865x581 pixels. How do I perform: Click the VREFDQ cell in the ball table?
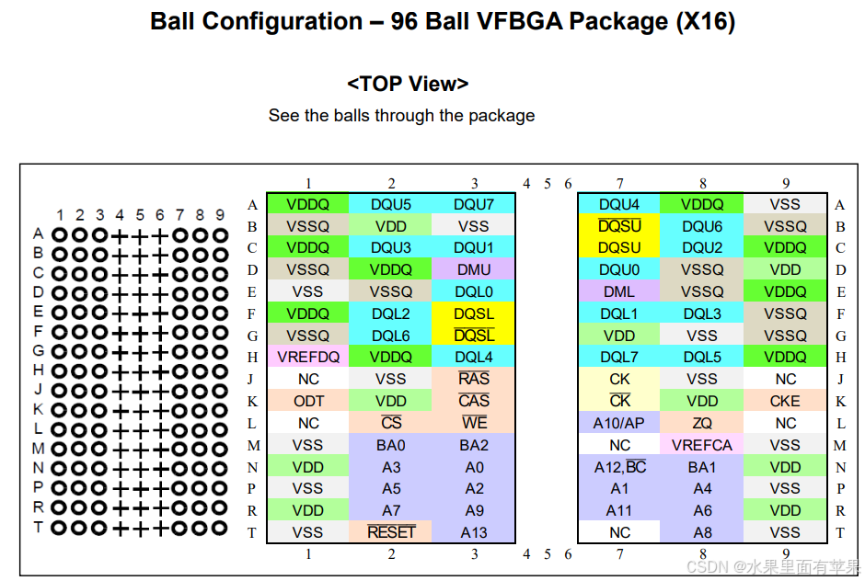(x=308, y=357)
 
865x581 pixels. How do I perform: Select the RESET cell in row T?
(x=391, y=532)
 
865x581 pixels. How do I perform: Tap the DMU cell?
(x=474, y=269)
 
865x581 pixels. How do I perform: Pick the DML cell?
(x=619, y=291)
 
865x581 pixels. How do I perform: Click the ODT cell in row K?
(x=308, y=401)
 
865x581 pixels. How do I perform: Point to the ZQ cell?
(x=702, y=423)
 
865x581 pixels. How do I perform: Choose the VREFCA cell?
(x=702, y=445)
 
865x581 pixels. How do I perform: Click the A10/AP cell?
(x=619, y=423)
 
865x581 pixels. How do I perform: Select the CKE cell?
(x=785, y=401)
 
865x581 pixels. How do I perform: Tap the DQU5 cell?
(x=391, y=204)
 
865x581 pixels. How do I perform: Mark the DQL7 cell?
(x=619, y=357)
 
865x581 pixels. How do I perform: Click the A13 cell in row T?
(x=474, y=532)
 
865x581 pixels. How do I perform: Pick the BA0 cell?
(x=391, y=445)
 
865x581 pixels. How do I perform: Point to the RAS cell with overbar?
(x=474, y=379)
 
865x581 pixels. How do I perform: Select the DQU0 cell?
(x=619, y=269)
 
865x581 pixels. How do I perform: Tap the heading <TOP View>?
(x=408, y=84)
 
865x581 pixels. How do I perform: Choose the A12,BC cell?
(x=619, y=467)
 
